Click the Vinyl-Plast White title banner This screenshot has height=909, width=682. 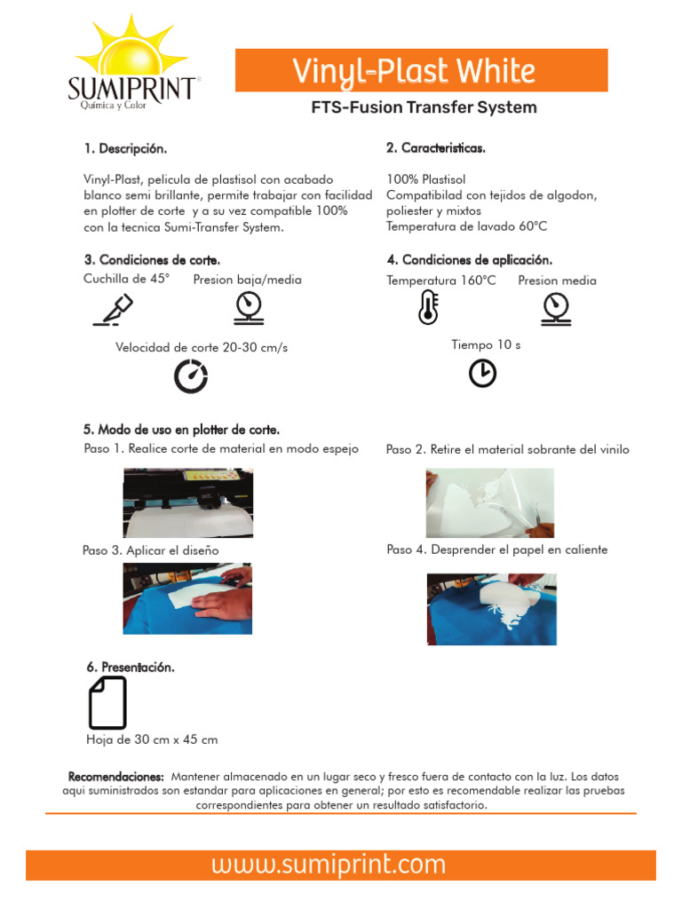pyautogui.click(x=421, y=71)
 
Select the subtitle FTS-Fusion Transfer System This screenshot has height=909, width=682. pyautogui.click(x=424, y=107)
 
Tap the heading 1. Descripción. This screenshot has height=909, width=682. pyautogui.click(x=125, y=148)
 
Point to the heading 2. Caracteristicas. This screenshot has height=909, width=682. pyautogui.click(x=436, y=148)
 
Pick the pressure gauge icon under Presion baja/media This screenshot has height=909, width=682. pyautogui.click(x=248, y=308)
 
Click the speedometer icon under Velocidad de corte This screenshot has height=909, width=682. pyautogui.click(x=190, y=376)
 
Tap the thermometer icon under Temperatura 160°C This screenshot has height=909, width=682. pyautogui.click(x=428, y=307)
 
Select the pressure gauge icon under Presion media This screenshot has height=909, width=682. pyautogui.click(x=555, y=308)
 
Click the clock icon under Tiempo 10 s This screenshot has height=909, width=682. pyautogui.click(x=482, y=374)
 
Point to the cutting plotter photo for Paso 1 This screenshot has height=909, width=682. pyautogui.click(x=187, y=502)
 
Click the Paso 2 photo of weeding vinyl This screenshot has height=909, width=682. pyautogui.click(x=490, y=502)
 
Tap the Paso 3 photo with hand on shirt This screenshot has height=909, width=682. pyautogui.click(x=187, y=597)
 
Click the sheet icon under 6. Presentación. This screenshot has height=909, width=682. pyautogui.click(x=107, y=702)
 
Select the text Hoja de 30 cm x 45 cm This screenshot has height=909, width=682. pyautogui.click(x=152, y=739)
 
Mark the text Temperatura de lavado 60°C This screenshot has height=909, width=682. pyautogui.click(x=466, y=226)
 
